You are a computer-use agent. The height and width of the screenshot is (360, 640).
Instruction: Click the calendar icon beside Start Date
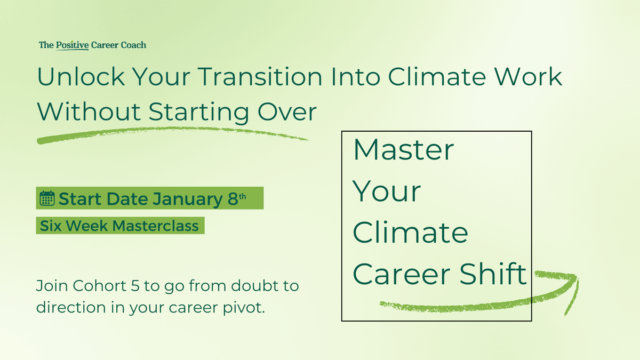click(47, 198)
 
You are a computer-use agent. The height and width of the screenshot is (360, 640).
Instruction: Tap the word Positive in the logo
click(73, 45)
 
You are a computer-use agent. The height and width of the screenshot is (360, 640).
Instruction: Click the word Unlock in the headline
click(81, 77)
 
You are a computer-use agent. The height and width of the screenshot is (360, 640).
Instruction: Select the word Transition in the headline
click(260, 77)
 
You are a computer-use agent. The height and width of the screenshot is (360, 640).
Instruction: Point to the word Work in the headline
click(529, 77)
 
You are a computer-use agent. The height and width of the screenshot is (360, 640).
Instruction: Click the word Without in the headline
click(89, 111)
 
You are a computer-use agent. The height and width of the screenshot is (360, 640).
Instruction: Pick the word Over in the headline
click(287, 111)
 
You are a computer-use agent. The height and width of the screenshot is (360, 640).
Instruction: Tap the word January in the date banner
click(187, 199)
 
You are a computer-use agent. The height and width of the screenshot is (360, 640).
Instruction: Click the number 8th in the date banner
click(237, 198)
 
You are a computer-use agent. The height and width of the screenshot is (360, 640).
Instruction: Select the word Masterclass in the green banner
click(155, 226)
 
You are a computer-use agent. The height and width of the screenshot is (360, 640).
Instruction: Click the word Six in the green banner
click(51, 226)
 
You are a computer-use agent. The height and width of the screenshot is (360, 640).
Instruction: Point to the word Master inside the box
click(404, 150)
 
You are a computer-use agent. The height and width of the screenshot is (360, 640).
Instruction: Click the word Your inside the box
click(386, 191)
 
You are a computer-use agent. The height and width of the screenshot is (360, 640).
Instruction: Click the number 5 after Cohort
click(135, 286)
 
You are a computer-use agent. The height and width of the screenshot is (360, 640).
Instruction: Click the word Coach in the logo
click(133, 45)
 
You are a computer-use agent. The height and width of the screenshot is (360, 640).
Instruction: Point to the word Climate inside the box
click(410, 233)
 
